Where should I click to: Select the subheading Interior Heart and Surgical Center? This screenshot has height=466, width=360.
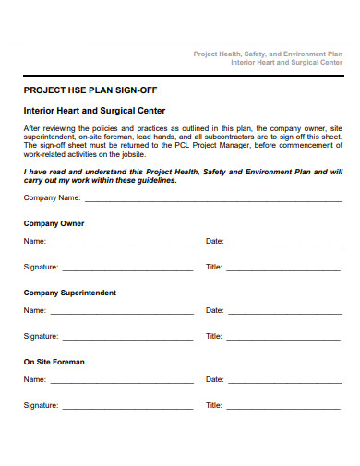tap(94, 110)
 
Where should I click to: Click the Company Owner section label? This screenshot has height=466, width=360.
tap(54, 223)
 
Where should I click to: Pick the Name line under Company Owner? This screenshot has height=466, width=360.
tap(121, 245)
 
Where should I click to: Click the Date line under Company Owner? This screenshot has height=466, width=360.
tap(284, 245)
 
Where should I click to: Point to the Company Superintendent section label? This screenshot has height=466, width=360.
tap(69, 293)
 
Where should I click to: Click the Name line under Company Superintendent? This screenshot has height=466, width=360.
tap(121, 314)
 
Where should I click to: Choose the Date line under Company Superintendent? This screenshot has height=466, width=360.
tap(284, 314)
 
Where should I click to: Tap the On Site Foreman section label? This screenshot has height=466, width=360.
tap(54, 362)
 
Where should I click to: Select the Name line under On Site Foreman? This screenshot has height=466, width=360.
tap(121, 382)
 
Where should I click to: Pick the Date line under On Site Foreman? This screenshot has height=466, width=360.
tap(284, 382)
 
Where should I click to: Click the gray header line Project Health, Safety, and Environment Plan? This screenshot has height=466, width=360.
tap(267, 54)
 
